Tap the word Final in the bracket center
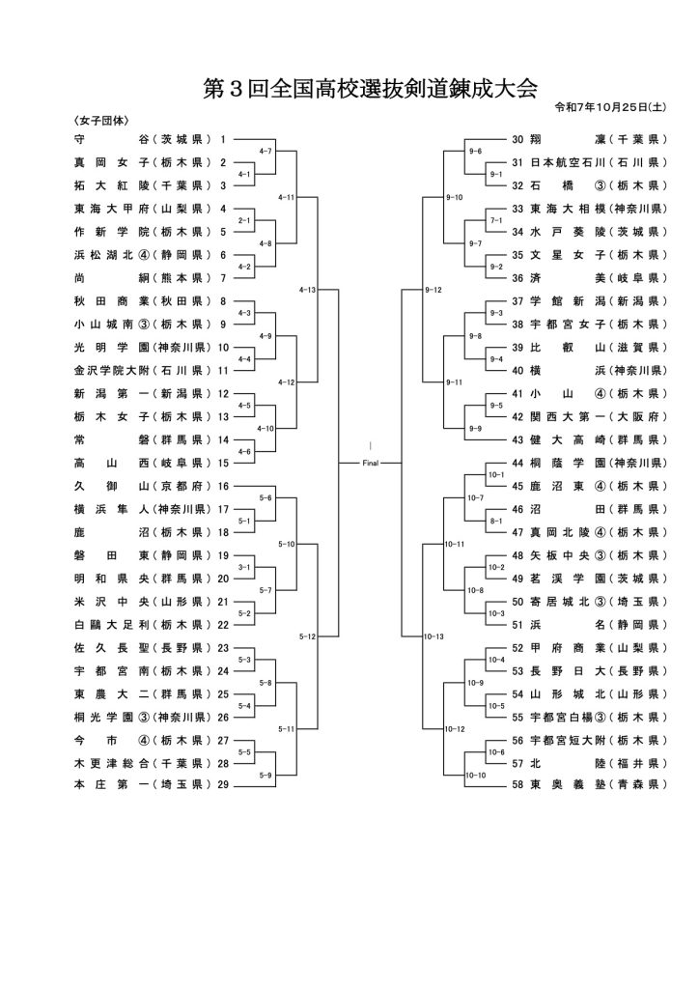pos(371,464)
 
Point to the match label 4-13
pos(307,289)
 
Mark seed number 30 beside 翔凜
pos(517,139)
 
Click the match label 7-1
pos(496,220)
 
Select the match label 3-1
pos(244,567)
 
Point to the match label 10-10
pos(474,775)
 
